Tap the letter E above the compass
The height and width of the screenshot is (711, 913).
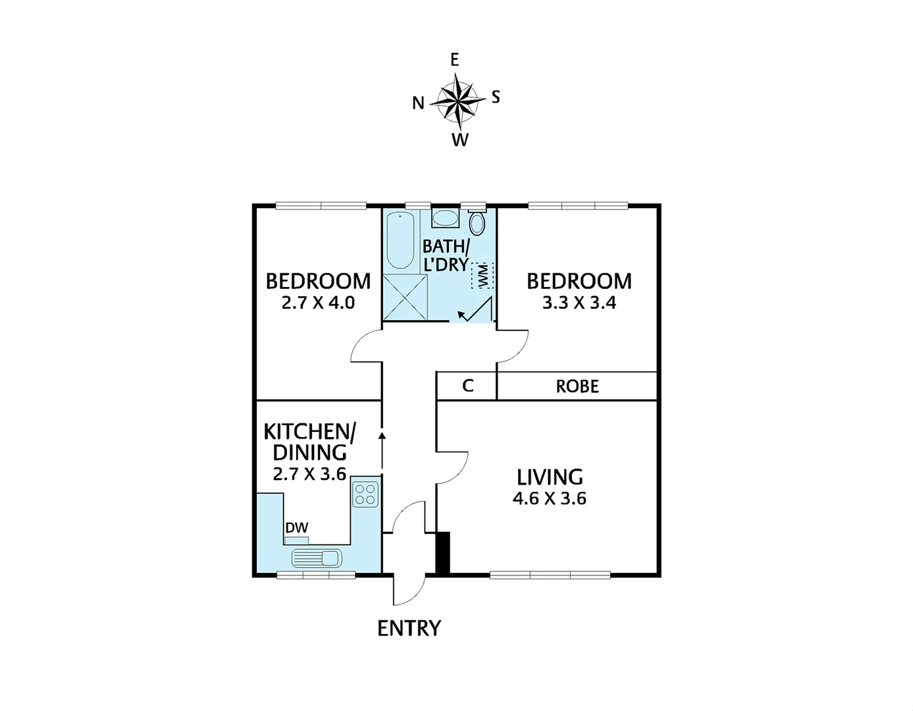454,60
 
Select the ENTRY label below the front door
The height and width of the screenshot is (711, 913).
409,629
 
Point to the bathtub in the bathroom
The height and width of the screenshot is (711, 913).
400,240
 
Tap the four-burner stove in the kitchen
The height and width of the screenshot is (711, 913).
365,494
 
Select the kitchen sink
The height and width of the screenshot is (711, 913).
317,558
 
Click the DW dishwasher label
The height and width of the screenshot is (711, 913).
296,527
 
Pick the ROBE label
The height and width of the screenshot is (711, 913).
577,386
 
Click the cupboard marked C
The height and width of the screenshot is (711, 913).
467,386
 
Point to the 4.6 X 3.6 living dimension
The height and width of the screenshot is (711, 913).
549,498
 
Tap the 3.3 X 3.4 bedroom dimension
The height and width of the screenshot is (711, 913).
579,303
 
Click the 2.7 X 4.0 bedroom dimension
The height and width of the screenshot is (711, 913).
318,303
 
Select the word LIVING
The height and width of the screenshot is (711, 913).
550,477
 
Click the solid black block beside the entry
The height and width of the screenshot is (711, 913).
443,552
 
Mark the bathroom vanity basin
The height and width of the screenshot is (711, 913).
446,218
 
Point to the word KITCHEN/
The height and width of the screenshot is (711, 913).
309,432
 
